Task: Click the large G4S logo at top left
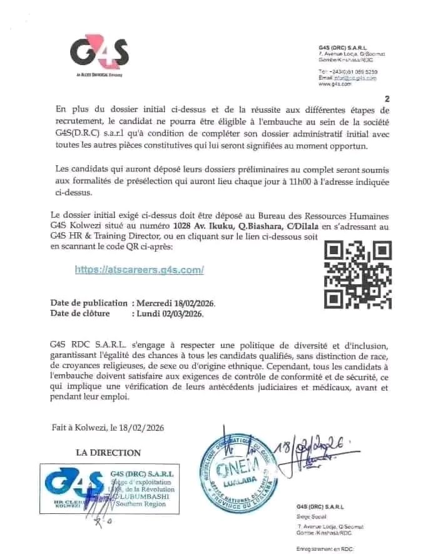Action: (x=98, y=54)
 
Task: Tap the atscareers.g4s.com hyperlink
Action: (x=139, y=270)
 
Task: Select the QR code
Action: (x=359, y=275)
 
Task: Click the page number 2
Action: (x=387, y=99)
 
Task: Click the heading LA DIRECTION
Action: (x=108, y=453)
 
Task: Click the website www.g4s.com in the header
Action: (x=333, y=84)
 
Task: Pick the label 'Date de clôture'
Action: (x=80, y=314)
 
